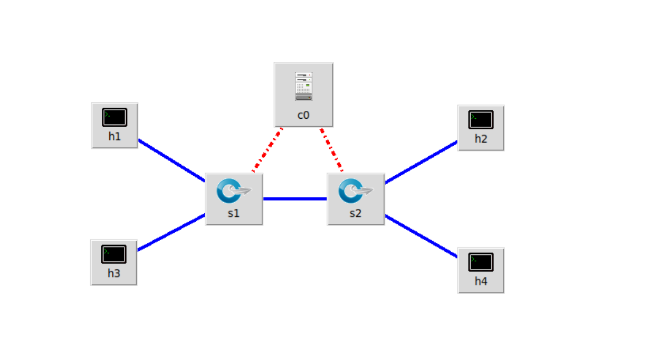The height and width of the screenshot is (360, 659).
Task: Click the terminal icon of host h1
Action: point(114,117)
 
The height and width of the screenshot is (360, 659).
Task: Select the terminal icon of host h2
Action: point(481,119)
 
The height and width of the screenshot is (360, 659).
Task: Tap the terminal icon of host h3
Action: point(114,254)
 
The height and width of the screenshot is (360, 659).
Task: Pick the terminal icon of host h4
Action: point(481,262)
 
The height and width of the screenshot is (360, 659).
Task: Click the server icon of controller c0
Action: point(303,87)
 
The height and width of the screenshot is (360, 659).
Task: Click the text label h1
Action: point(114,136)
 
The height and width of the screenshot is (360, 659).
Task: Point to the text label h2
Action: point(481,139)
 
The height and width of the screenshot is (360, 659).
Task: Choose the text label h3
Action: point(114,273)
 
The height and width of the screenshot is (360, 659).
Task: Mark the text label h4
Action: point(481,281)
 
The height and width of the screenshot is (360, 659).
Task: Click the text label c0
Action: point(303,115)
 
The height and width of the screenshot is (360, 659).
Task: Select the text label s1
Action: point(234,213)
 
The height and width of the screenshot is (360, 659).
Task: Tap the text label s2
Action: point(356,213)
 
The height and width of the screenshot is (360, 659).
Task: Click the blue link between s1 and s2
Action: point(295,199)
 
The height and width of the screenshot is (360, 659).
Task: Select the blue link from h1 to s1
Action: point(171,160)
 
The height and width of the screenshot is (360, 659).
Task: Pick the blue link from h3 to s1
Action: point(171,232)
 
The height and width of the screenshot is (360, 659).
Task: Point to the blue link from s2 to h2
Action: point(421,163)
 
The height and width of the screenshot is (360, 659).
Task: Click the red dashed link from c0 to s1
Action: point(268,150)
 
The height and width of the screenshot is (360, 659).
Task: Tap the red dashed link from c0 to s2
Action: point(331,150)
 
